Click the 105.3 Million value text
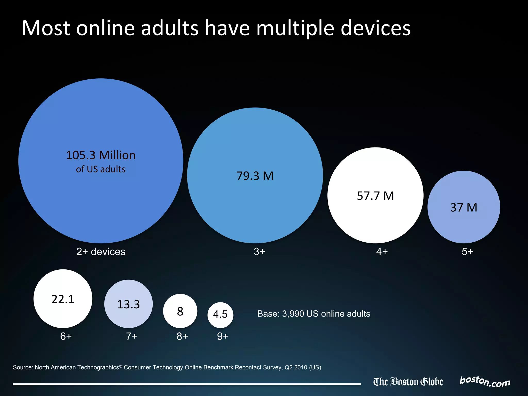point(101,155)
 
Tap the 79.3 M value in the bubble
point(255,176)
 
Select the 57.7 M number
point(375,196)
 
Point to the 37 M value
point(464,208)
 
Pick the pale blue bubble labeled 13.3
point(128,304)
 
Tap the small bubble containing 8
point(180,311)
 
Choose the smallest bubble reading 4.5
point(220,315)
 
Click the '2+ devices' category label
point(101,252)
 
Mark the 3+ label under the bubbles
point(259,252)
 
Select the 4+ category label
point(382,252)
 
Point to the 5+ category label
point(467,252)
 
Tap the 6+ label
point(66,336)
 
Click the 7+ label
point(131,336)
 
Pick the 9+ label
point(223,336)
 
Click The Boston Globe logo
point(408,382)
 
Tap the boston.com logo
point(485,382)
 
